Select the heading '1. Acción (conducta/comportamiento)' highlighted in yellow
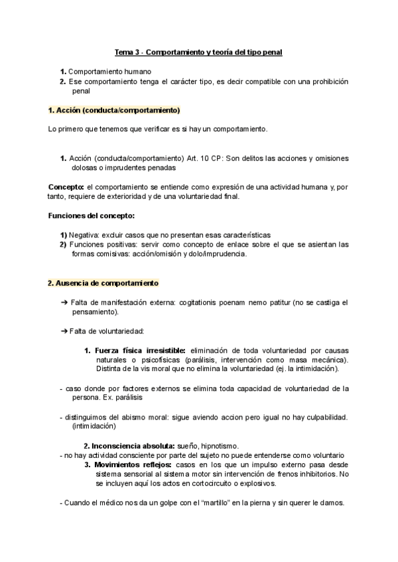coord(113,109)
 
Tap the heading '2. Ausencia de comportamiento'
coord(103,283)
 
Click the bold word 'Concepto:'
coord(67,187)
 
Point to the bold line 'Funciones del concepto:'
coord(91,215)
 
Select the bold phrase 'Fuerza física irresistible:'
coord(141,350)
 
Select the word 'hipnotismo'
coord(218,446)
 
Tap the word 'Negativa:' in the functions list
coord(84,235)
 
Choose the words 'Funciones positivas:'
coord(98,244)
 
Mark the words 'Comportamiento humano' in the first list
coord(109,71)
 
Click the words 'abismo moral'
coord(137,417)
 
